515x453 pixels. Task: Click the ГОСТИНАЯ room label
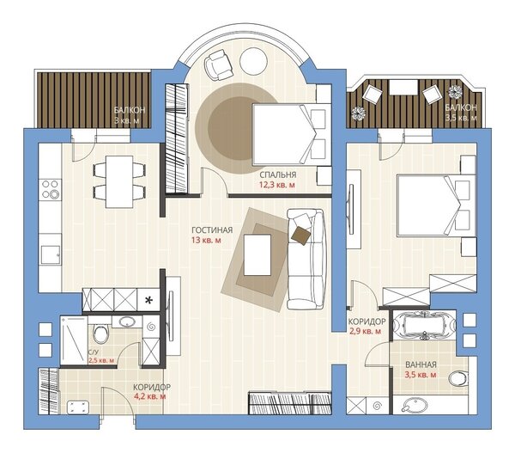click(x=212, y=230)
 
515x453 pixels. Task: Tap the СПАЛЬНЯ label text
click(x=277, y=174)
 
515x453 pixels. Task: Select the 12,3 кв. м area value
click(x=277, y=185)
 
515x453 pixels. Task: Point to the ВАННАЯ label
click(x=421, y=364)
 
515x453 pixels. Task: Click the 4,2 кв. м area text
click(x=149, y=397)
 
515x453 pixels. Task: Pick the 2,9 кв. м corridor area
click(x=365, y=331)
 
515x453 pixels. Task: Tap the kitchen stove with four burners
click(x=51, y=190)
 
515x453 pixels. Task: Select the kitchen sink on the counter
click(x=51, y=255)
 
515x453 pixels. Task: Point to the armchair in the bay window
click(x=218, y=64)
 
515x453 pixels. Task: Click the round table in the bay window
click(x=253, y=61)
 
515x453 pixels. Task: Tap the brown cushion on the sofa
click(x=301, y=236)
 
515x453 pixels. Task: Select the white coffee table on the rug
click(x=257, y=254)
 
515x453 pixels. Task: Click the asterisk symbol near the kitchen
click(x=148, y=300)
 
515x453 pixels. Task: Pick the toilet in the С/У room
click(x=100, y=334)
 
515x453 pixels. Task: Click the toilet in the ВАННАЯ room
click(x=458, y=379)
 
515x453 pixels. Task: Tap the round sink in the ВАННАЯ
click(x=415, y=406)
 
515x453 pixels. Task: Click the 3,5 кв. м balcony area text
click(x=460, y=118)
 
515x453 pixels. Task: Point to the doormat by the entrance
click(x=78, y=407)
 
